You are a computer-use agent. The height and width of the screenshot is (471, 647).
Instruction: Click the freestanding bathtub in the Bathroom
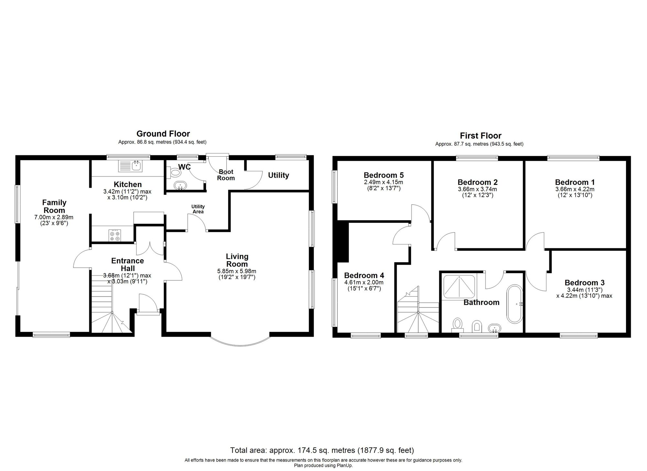click(514, 304)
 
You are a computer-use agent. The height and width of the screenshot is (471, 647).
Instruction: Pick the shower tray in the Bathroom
click(459, 286)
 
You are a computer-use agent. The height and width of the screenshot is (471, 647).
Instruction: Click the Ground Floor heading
click(163, 134)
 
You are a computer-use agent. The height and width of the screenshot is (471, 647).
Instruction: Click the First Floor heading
click(480, 136)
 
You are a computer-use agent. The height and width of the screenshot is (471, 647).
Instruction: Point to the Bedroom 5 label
click(383, 175)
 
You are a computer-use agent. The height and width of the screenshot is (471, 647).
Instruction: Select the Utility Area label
click(198, 209)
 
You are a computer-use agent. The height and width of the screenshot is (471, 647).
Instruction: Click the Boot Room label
click(226, 175)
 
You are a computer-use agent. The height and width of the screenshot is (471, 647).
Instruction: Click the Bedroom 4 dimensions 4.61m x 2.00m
click(364, 283)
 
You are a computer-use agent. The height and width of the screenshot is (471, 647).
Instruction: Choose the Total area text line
click(322, 450)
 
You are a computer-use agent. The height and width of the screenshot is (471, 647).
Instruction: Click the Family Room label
click(54, 206)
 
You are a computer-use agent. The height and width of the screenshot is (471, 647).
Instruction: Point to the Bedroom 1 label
click(575, 182)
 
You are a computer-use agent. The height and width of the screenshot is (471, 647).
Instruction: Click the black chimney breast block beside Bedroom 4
click(343, 242)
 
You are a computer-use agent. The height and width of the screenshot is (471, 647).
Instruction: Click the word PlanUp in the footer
click(345, 465)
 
